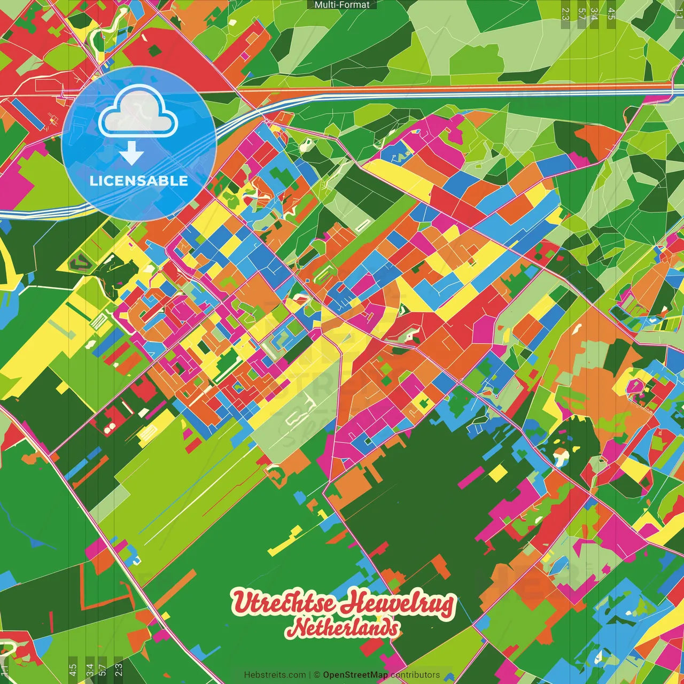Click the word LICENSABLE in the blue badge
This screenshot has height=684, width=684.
(139, 181)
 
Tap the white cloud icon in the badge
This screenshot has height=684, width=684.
(138, 112)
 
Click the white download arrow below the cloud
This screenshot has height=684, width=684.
(131, 154)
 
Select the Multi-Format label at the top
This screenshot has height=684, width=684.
(342, 5)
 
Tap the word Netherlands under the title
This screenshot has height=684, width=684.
(343, 628)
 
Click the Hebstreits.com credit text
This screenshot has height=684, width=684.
(275, 675)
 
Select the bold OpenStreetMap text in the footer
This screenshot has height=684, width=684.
(355, 675)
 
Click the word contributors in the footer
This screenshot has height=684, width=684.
(415, 675)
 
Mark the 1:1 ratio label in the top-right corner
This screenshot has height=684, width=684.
(679, 9)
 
